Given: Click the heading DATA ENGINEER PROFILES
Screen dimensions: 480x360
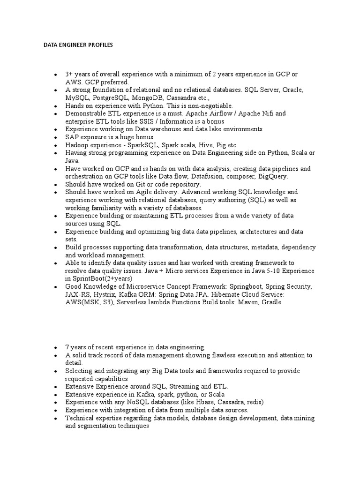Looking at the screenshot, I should click(x=77, y=45).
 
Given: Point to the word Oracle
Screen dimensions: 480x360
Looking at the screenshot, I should click(x=291, y=90).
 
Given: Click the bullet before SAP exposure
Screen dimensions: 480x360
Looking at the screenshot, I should click(x=55, y=137).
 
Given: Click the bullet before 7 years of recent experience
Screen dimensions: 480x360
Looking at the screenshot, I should click(x=55, y=347).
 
